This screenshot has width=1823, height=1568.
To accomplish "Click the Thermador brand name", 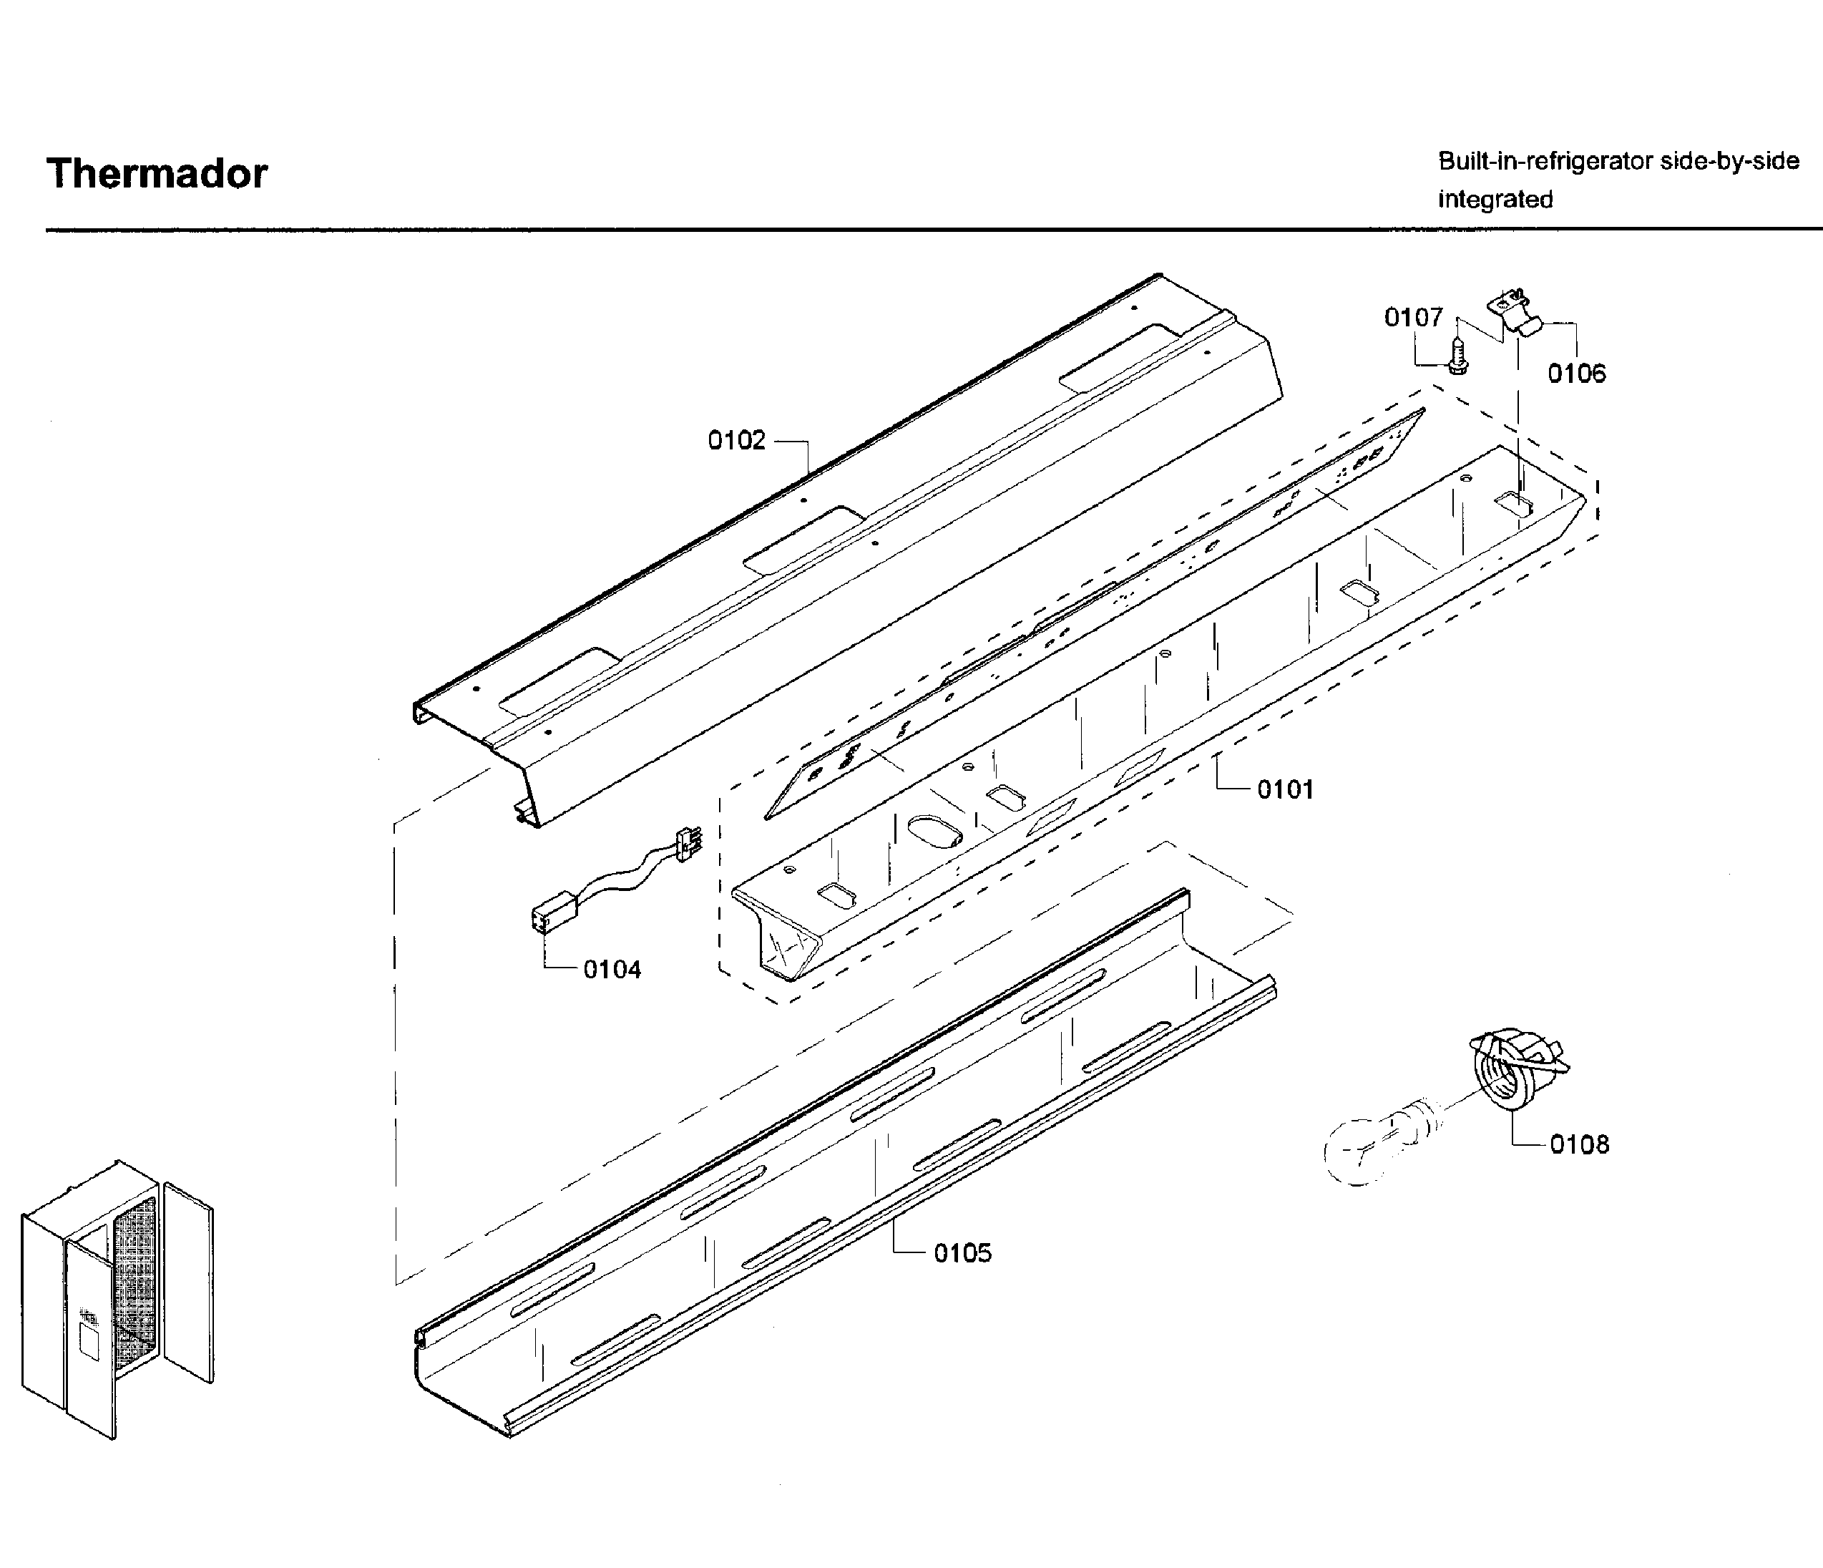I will pos(157,173).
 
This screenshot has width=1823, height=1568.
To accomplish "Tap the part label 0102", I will pos(736,440).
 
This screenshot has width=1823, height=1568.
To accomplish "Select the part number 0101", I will pos(1284,789).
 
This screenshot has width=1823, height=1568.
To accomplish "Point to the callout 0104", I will pos(612,970).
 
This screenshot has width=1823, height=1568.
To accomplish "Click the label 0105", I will pos(962,1253).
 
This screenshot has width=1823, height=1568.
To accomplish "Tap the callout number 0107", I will pos(1413,317).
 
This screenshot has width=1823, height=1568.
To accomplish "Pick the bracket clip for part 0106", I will pos(1517,315).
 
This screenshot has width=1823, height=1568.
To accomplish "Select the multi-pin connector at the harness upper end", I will pos(688,843).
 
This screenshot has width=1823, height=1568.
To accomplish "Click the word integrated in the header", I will pos(1495,200).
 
